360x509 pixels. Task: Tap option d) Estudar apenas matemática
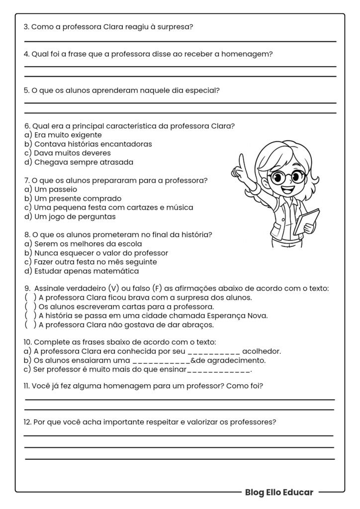(82, 271)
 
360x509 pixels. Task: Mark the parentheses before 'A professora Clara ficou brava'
(30, 298)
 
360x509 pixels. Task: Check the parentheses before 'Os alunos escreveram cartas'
(30, 307)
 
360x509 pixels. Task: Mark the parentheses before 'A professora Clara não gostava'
(30, 325)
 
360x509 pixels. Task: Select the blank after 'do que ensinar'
(219, 370)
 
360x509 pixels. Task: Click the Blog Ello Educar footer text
(279, 492)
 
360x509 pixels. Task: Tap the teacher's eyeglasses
(286, 176)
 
